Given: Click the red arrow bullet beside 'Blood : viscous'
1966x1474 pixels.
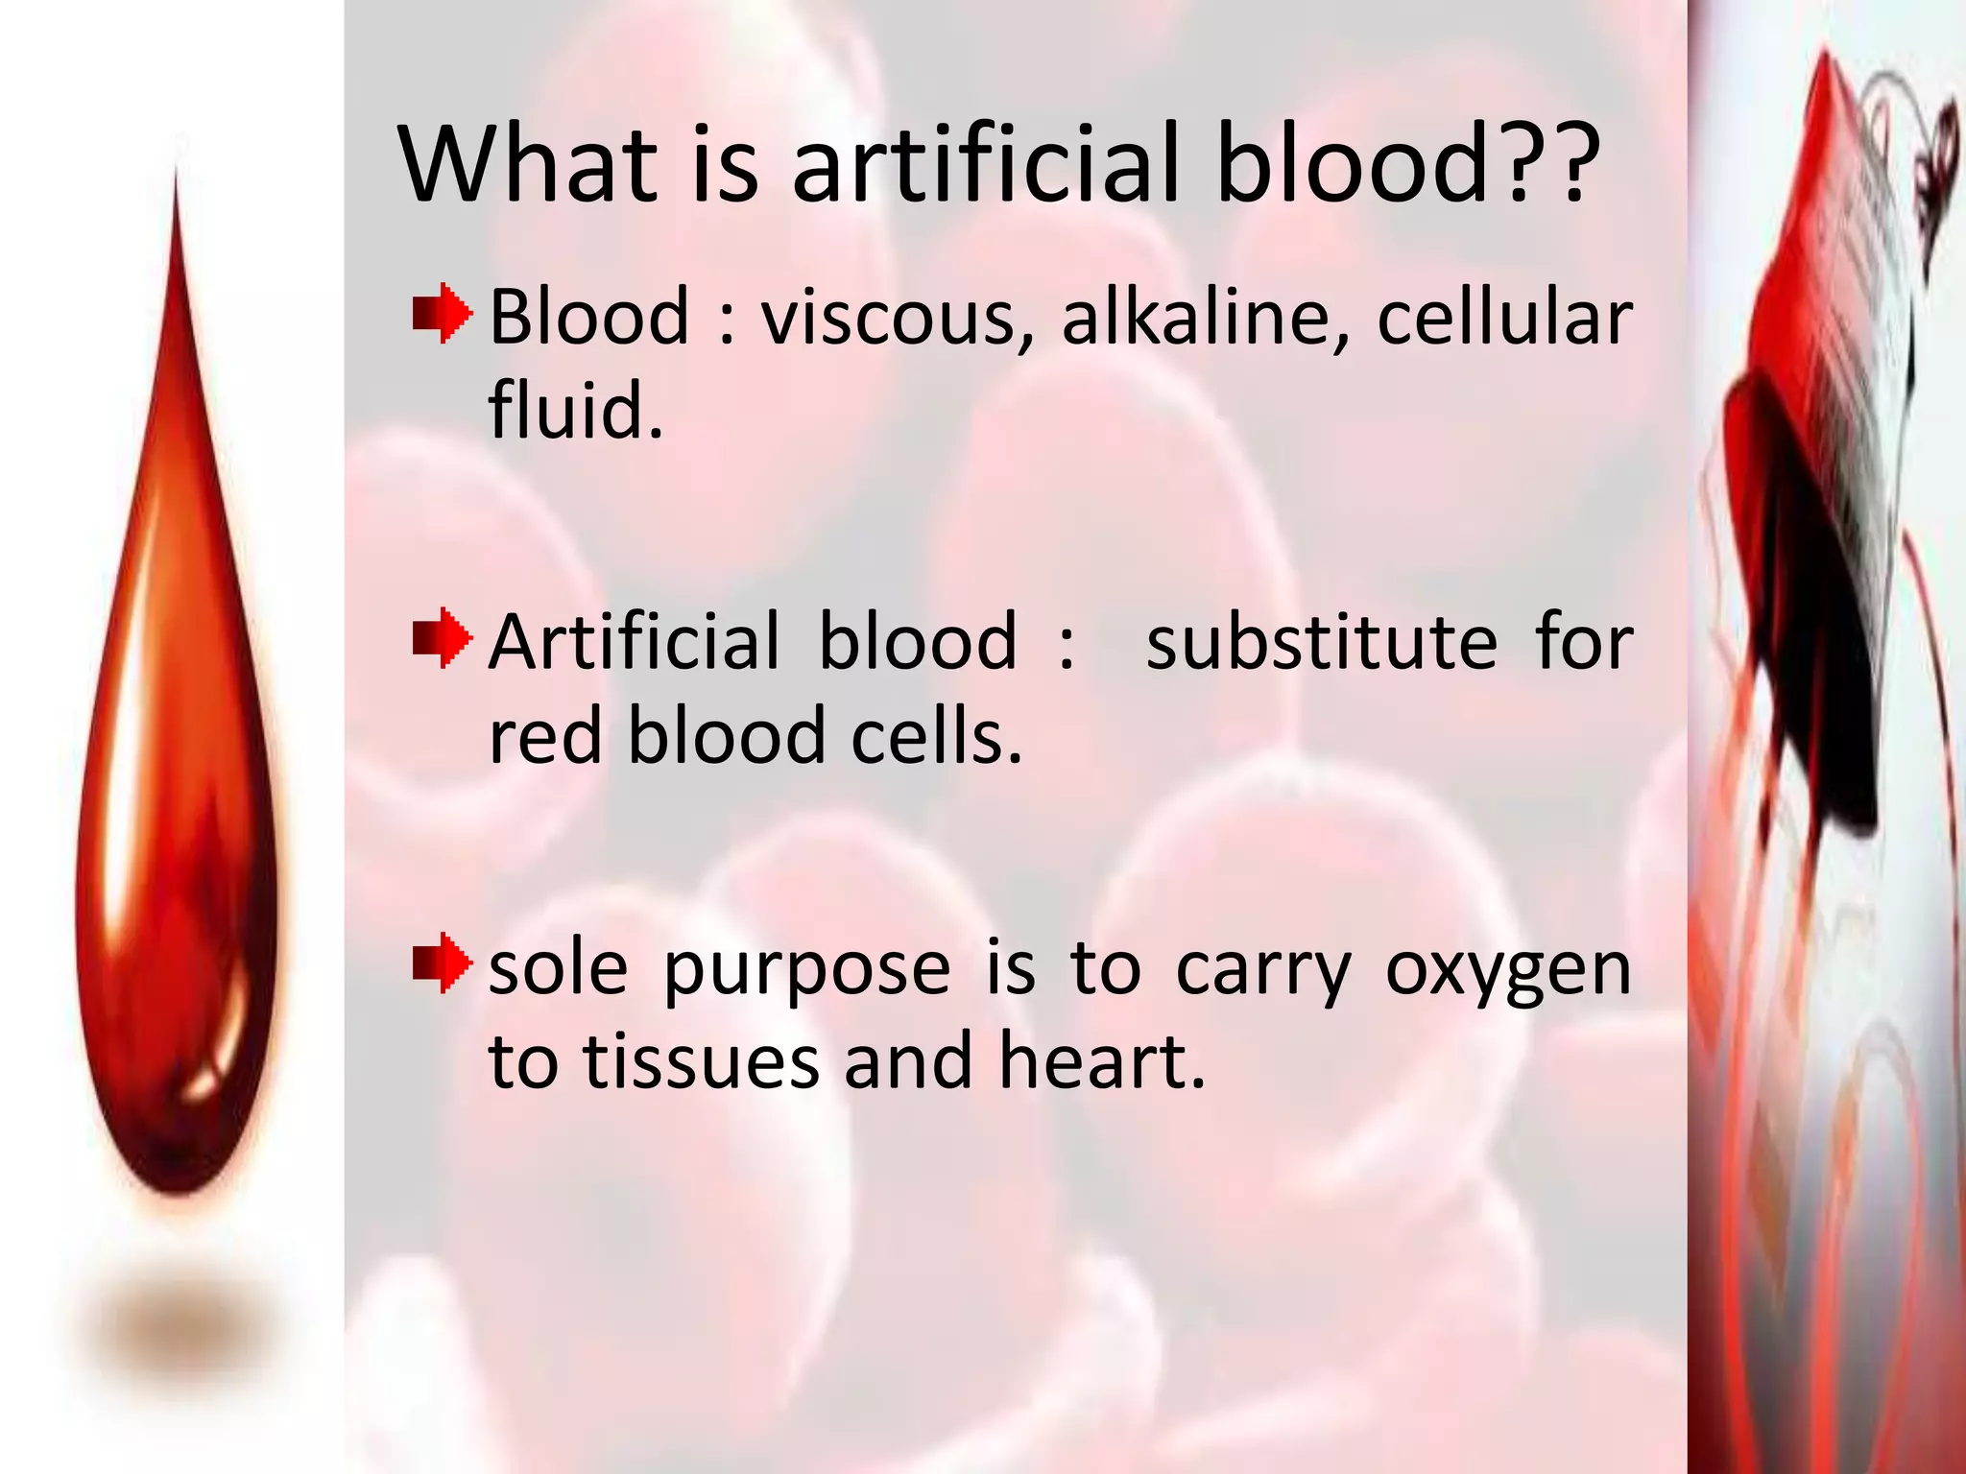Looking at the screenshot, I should click(x=442, y=313).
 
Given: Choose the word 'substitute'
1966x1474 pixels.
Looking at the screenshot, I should click(x=1321, y=642).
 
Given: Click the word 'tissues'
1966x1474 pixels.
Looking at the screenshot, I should click(x=701, y=1063).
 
